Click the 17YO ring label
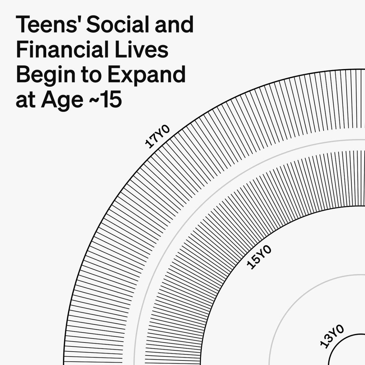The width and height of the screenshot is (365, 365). click(x=158, y=136)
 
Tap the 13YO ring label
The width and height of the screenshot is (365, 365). click(x=332, y=336)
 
